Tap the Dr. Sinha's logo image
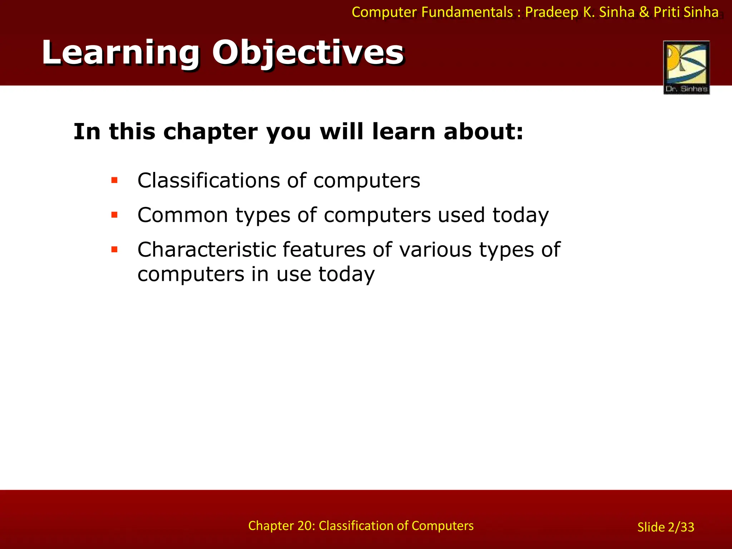pyautogui.click(x=686, y=67)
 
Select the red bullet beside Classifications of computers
pyautogui.click(x=114, y=180)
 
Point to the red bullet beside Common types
pyautogui.click(x=114, y=215)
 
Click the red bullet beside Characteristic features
pyautogui.click(x=114, y=249)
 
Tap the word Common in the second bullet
pyautogui.click(x=183, y=215)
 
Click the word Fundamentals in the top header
pyautogui.click(x=467, y=12)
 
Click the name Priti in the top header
pyautogui.click(x=667, y=12)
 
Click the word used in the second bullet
pyautogui.click(x=461, y=215)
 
